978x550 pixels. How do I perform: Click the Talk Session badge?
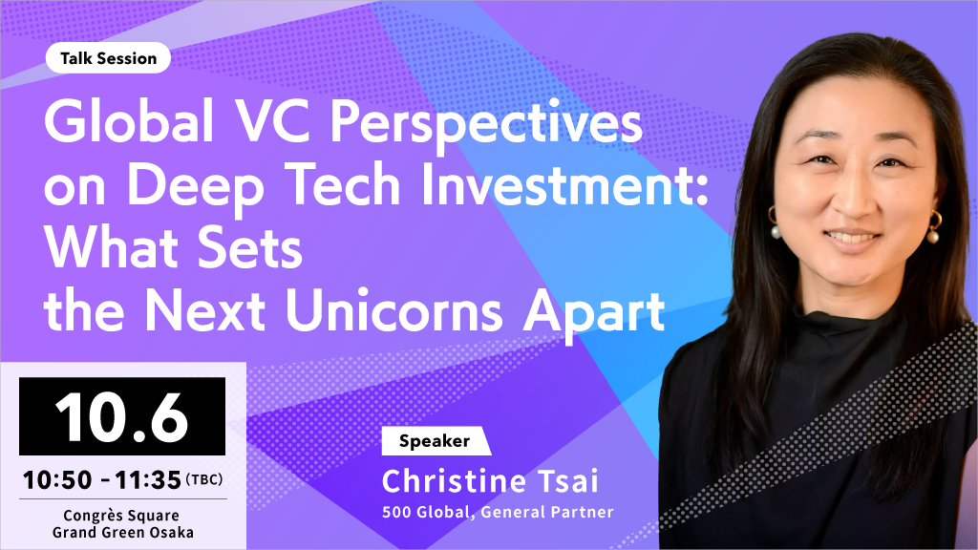[108, 58]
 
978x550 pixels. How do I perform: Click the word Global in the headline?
[129, 121]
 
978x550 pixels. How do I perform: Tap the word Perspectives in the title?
[486, 125]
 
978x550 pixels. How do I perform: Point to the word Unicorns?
[394, 310]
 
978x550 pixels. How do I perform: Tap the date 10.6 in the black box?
[121, 416]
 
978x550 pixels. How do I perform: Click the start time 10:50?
[57, 480]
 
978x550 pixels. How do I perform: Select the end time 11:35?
[148, 480]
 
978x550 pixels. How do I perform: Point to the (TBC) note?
[204, 479]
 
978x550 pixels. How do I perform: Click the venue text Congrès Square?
[121, 516]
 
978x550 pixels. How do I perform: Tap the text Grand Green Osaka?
[123, 533]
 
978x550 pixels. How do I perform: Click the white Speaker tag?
[436, 441]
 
